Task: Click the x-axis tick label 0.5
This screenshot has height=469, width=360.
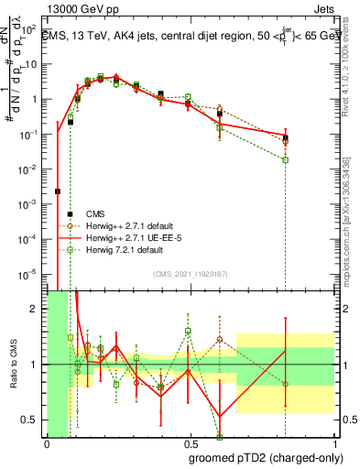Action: pyautogui.click(x=190, y=442)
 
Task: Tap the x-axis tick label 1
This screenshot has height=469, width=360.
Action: pyautogui.click(x=333, y=442)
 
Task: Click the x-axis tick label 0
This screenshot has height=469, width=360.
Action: pyautogui.click(x=47, y=442)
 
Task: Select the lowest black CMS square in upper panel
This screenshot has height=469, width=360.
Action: pyautogui.click(x=58, y=191)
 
